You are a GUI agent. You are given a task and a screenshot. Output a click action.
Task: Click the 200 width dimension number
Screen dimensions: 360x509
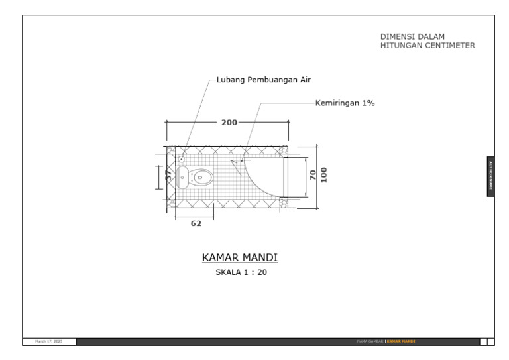click(229, 123)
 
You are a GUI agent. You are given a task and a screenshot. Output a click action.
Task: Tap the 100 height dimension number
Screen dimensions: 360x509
click(324, 174)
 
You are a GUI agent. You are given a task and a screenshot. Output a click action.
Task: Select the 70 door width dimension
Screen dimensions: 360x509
click(312, 176)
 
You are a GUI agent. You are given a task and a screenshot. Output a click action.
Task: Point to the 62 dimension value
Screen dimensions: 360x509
click(196, 224)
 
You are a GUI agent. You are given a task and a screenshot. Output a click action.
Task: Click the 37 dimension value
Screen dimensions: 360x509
click(168, 176)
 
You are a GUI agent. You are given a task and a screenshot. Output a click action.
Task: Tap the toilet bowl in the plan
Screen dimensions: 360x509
click(202, 178)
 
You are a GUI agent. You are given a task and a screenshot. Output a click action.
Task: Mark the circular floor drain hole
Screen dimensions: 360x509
click(181, 159)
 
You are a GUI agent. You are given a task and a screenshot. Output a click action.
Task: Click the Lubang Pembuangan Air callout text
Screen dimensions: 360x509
click(264, 80)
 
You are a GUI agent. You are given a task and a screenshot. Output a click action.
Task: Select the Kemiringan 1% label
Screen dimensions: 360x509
click(345, 103)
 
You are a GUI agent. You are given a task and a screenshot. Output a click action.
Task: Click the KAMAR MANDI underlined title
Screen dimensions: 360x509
click(239, 257)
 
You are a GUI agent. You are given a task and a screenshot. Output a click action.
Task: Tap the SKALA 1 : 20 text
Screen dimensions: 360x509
click(241, 272)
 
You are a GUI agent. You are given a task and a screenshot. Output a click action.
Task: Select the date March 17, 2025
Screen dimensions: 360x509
click(49, 342)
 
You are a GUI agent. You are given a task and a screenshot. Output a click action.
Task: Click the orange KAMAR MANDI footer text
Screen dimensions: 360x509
click(400, 342)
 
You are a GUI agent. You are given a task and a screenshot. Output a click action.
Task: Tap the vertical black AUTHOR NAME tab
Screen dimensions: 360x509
click(490, 176)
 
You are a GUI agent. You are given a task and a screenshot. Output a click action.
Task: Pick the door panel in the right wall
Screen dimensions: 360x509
click(286, 178)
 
